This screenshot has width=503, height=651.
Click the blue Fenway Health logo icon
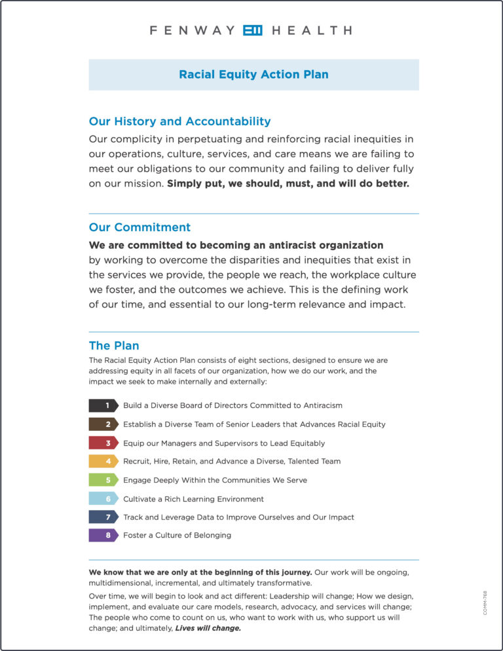tap(252, 30)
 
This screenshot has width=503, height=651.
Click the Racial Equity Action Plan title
tap(253, 75)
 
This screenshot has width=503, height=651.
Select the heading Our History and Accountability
tap(179, 121)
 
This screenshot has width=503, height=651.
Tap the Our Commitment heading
tap(140, 227)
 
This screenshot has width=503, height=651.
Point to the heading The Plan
tap(114, 346)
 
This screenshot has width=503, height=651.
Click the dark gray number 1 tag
tap(103, 405)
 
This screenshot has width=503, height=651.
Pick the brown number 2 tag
tap(103, 424)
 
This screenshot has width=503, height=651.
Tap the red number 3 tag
tap(103, 443)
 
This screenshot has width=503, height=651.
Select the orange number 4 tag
tap(103, 461)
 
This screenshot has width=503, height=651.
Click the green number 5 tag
tap(103, 480)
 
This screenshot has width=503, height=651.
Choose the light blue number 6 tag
tap(103, 498)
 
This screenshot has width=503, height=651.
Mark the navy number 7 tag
tap(103, 517)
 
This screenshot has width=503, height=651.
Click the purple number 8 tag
tap(103, 535)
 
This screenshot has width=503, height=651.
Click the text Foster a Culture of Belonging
tap(177, 535)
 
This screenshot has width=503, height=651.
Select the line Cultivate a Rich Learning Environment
tap(193, 498)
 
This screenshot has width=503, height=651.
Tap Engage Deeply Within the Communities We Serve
tap(215, 480)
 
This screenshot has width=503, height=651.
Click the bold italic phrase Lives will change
tap(208, 628)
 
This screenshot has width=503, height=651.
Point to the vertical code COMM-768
tap(485, 603)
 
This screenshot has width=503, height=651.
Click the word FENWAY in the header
tap(191, 30)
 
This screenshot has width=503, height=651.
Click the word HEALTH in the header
tap(311, 30)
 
